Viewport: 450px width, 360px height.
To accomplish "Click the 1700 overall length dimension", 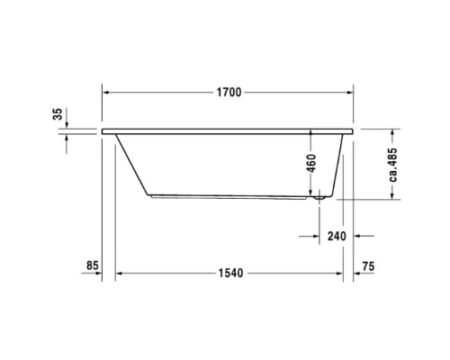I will pyautogui.click(x=228, y=92).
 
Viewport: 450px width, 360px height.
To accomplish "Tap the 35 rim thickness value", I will pyautogui.click(x=58, y=114).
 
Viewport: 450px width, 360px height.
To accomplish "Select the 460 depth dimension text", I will pyautogui.click(x=311, y=163).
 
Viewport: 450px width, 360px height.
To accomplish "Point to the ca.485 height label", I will pyautogui.click(x=393, y=164).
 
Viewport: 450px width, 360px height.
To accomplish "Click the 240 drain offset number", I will pyautogui.click(x=337, y=237).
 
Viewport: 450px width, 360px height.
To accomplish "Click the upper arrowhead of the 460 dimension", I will pyautogui.click(x=311, y=134).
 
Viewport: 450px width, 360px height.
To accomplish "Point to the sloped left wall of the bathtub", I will pyautogui.click(x=133, y=162).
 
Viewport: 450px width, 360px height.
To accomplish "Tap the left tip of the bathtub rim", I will pyautogui.click(x=103, y=130).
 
